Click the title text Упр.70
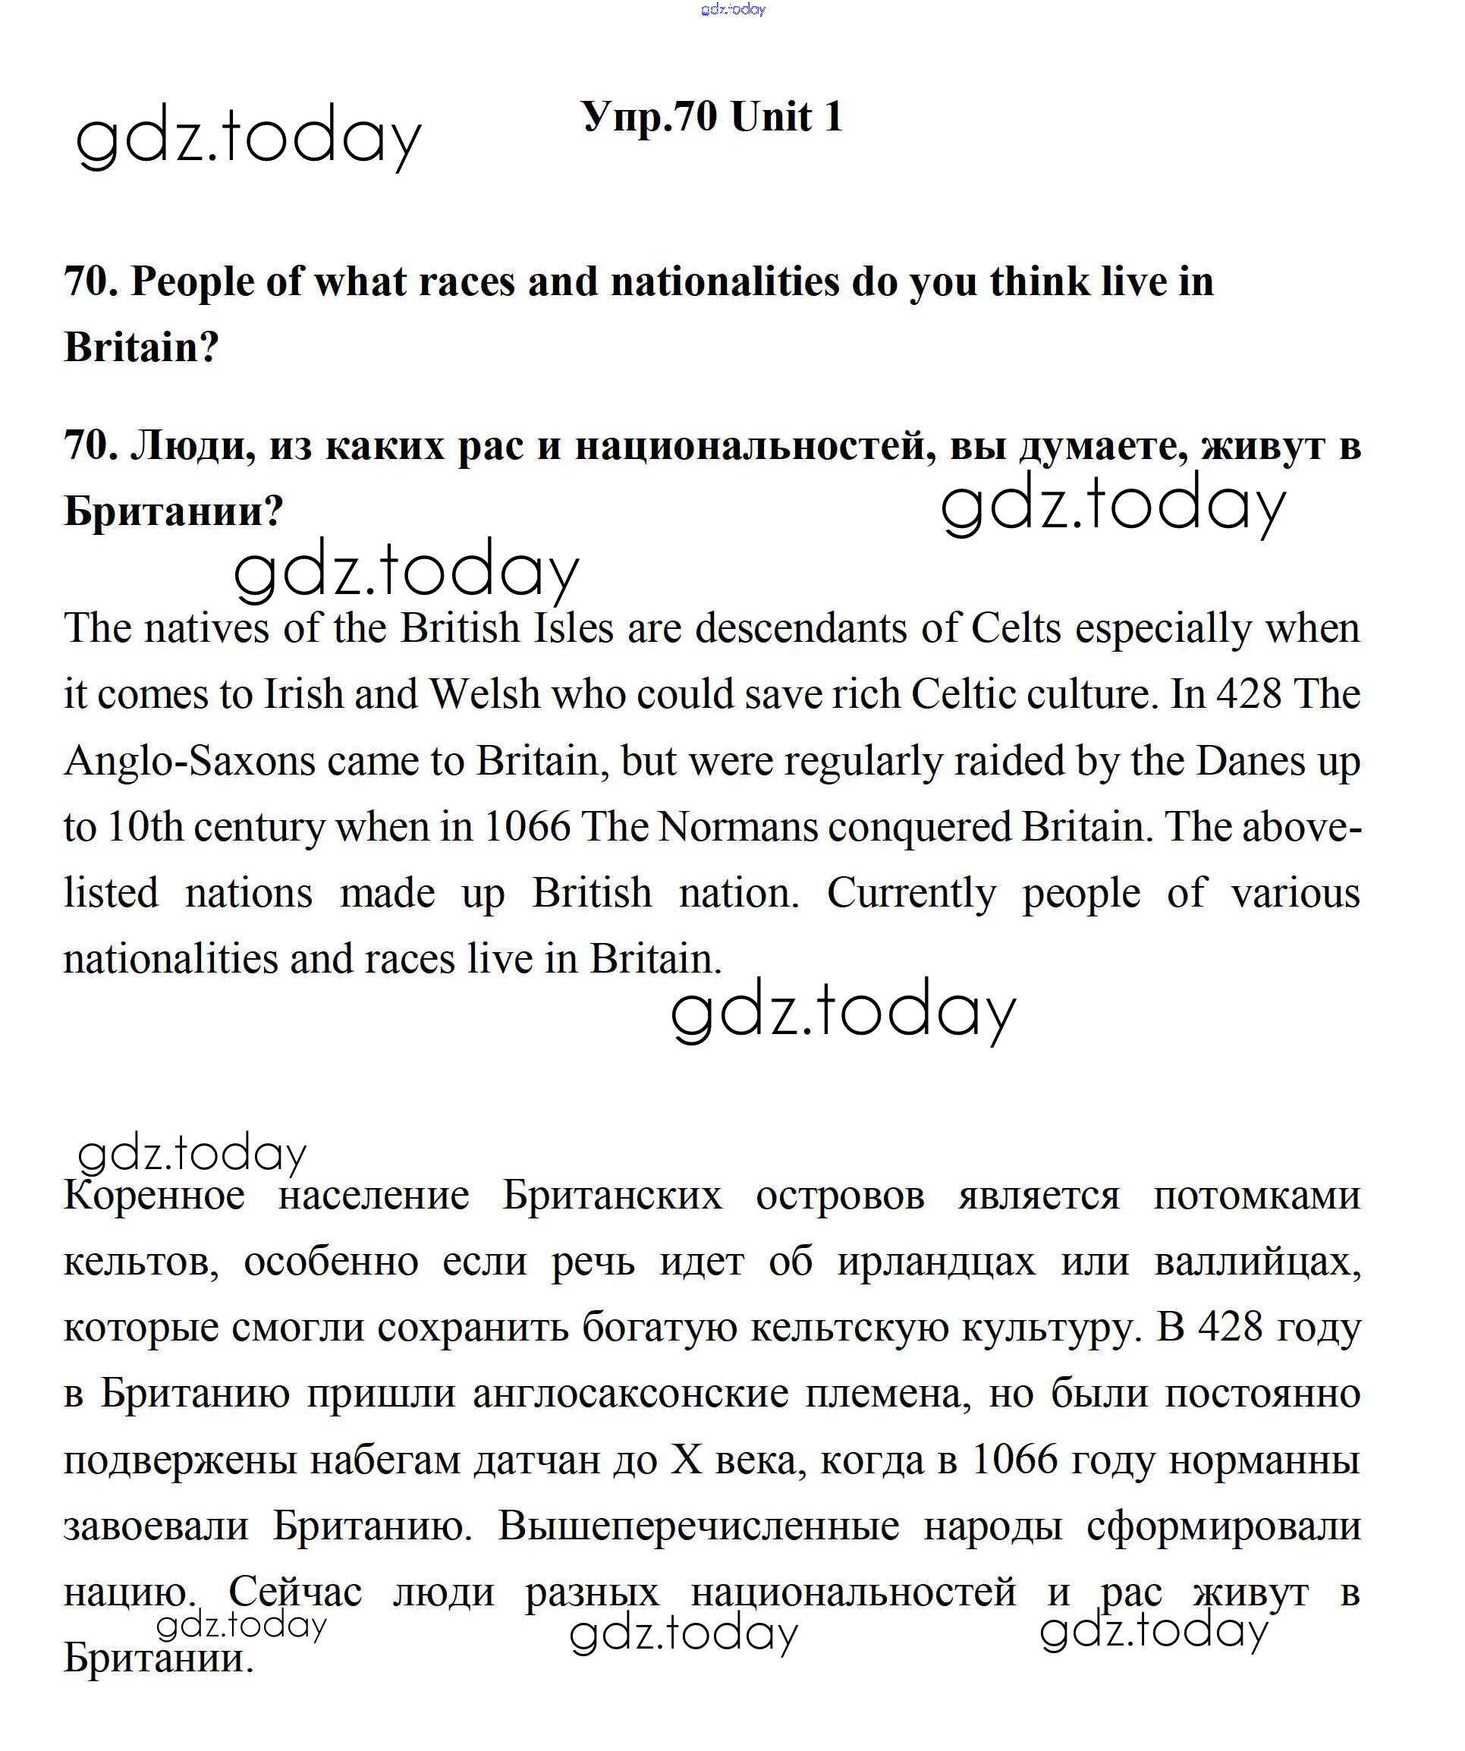coord(649,117)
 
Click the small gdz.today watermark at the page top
coord(733,9)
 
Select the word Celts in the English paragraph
coord(1016,628)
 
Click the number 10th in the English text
coord(146,827)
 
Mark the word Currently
coord(911,893)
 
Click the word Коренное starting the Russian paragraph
coord(154,1195)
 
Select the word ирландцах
coord(936,1262)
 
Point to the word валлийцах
coord(1257,1262)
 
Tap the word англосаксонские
coord(630,1394)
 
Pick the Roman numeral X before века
coord(687,1461)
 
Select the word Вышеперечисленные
coord(699,1526)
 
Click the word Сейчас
coord(295,1592)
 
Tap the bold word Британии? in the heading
coord(174,511)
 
